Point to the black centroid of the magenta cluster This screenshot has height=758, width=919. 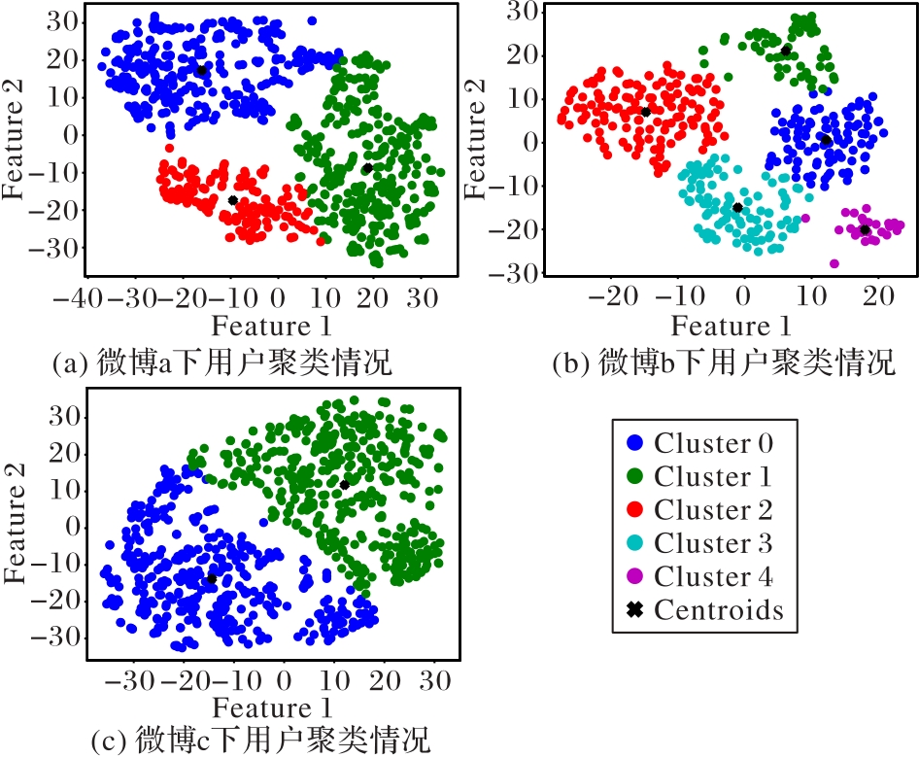[865, 229]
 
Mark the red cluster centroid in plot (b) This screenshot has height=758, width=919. [645, 112]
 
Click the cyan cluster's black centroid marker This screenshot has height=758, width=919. [737, 207]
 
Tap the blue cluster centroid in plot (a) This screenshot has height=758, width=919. [201, 71]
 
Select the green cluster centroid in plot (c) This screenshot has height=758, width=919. [344, 484]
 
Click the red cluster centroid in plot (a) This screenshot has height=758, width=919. [233, 200]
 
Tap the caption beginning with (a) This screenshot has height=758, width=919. [222, 365]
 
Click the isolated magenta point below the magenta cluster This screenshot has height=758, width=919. [834, 263]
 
